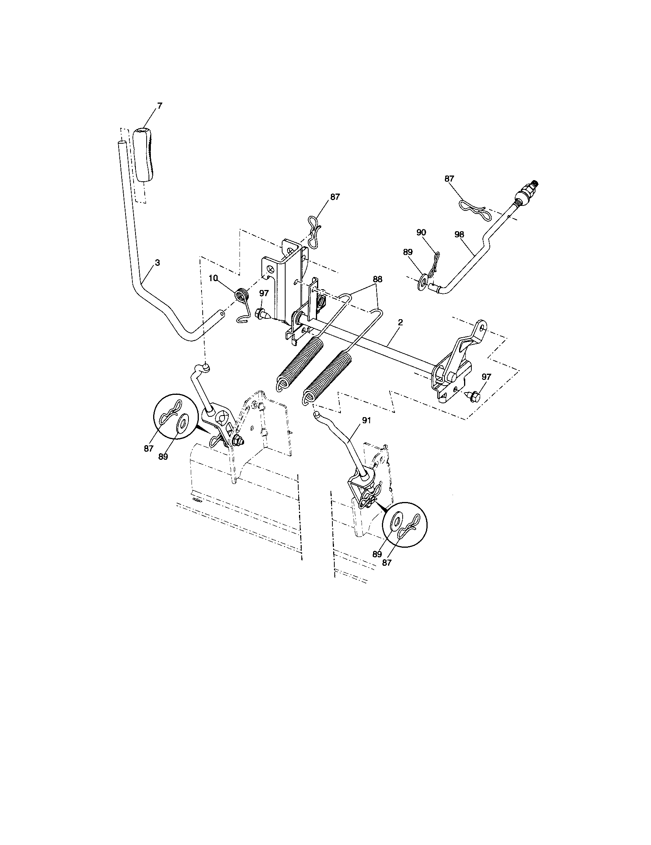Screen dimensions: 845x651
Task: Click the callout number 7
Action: coord(160,105)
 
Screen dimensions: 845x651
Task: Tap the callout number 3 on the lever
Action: coord(157,263)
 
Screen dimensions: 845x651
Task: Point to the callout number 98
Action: coord(459,234)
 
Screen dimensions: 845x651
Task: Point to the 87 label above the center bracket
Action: coord(335,197)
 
